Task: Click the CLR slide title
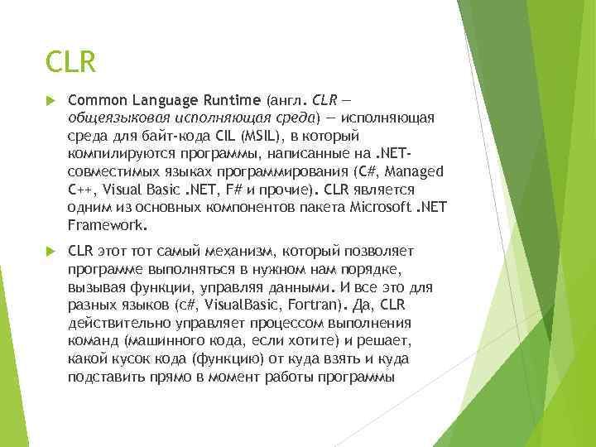click(x=72, y=61)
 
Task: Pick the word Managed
click(x=417, y=171)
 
